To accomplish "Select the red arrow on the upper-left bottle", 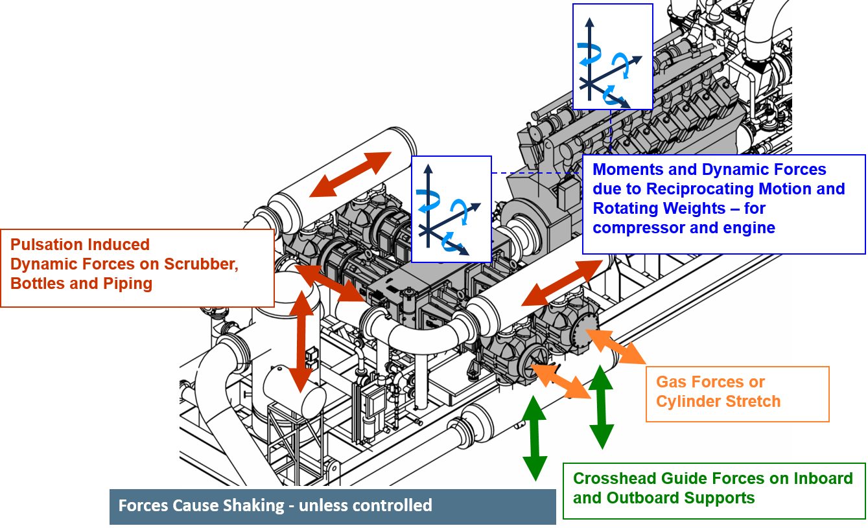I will pyautogui.click(x=351, y=174).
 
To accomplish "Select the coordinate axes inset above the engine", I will pyautogui.click(x=612, y=56).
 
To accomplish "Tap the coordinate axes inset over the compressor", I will pyautogui.click(x=451, y=209).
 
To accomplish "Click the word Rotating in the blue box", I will pyautogui.click(x=624, y=209).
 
